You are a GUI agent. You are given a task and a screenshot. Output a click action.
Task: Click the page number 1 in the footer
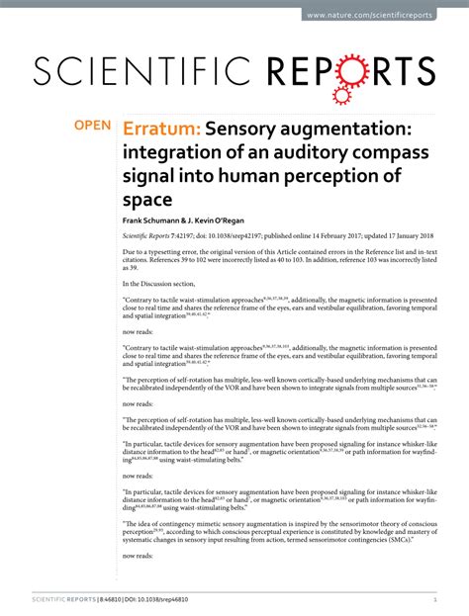[434, 600]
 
